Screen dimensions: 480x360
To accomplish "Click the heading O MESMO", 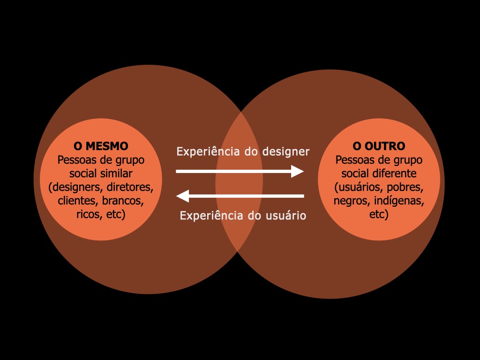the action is point(101,146).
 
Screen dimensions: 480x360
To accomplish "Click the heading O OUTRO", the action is point(379,146).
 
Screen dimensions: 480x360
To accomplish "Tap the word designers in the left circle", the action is point(76,187).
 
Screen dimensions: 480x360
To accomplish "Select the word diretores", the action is point(130,187).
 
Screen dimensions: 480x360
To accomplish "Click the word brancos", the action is point(123,200).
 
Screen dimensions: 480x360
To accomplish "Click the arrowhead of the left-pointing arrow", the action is point(183,196).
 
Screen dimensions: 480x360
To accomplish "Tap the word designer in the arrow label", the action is point(286,152).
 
